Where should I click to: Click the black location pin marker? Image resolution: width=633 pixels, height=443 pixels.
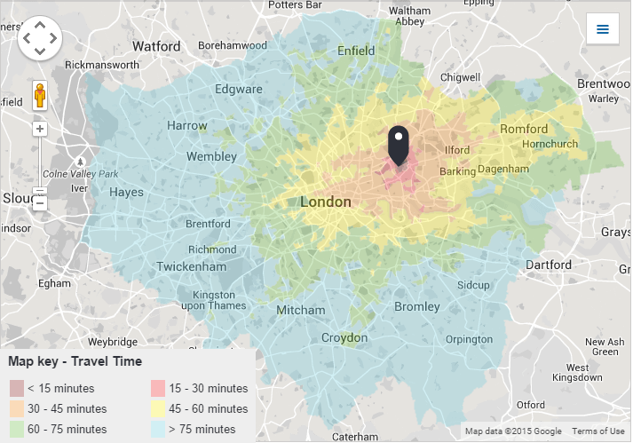coord(399,144)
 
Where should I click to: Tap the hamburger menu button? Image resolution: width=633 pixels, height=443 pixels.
coord(603,29)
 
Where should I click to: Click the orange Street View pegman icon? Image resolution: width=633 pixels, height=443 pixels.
coord(40,94)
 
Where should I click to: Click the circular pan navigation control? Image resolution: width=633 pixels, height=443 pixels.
coord(40,38)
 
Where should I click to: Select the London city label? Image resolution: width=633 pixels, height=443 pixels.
coord(325,202)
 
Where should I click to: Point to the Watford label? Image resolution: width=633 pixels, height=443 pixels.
coord(155,46)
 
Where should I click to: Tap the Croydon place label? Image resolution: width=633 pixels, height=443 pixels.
coord(344,338)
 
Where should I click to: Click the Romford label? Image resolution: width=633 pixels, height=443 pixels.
coord(524,130)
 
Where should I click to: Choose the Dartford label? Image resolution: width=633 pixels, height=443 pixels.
coord(548,265)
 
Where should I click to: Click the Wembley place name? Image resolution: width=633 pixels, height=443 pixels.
coord(211,157)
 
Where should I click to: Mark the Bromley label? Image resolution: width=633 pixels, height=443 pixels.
coord(416,307)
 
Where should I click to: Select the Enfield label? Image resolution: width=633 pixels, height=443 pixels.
coord(356,51)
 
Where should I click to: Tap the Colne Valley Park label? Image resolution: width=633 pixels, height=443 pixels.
coord(80,173)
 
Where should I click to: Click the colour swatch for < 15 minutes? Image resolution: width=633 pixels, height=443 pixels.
coord(17,389)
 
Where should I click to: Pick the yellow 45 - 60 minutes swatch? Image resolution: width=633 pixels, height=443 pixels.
coord(158,409)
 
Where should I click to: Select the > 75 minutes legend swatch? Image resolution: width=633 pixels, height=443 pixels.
coord(158,430)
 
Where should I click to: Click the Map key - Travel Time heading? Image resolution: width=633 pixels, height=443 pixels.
coord(75,361)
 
